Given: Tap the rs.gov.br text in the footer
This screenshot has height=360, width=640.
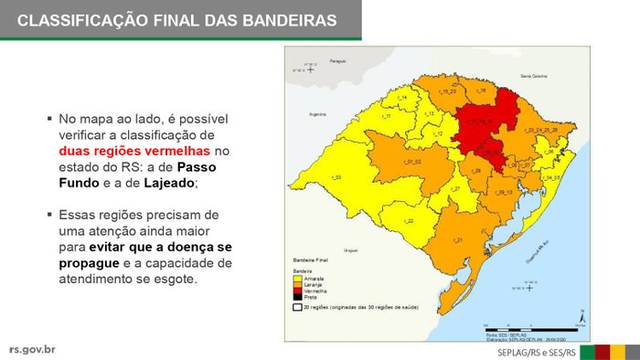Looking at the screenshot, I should click(x=32, y=348).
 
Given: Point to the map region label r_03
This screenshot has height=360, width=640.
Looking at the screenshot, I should click(x=336, y=177).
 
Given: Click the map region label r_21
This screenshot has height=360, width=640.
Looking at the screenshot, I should click(x=458, y=239).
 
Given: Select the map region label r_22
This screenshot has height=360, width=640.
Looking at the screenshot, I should click(x=409, y=221).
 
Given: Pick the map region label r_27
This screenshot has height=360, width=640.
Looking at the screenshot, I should click(x=454, y=188).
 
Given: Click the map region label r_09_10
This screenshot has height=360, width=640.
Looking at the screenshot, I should click(x=504, y=192).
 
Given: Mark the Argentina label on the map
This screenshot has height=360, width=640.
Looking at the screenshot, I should click(x=318, y=115).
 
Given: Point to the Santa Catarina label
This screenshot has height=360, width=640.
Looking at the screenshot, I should click(x=532, y=74).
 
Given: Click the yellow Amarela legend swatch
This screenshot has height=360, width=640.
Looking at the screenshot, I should click(x=298, y=278).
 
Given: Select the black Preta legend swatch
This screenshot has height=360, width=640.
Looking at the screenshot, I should click(x=298, y=295).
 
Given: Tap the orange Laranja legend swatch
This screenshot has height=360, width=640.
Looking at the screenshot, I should click(x=298, y=283).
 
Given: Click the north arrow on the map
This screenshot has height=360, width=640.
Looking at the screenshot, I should click(x=581, y=315).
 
